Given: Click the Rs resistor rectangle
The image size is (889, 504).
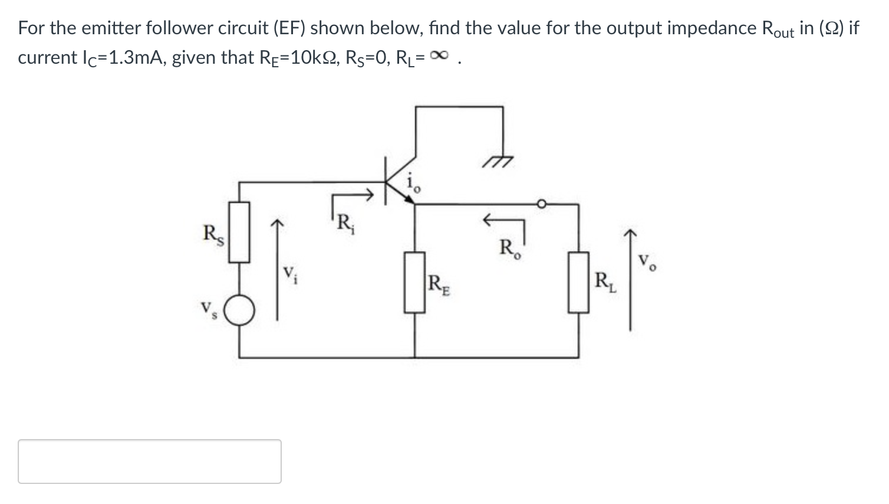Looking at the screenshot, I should coord(239,231).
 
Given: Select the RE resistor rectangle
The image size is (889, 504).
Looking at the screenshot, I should coord(414,282).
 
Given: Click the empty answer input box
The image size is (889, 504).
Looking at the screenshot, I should coord(150,462).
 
